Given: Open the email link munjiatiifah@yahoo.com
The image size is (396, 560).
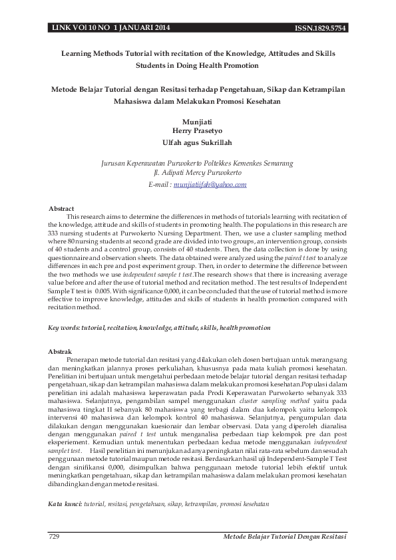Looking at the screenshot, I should (210, 185).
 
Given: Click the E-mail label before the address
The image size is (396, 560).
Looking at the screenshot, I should (160, 185).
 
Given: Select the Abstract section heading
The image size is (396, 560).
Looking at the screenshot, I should (61, 209).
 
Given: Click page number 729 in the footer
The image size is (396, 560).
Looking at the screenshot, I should (55, 536).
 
